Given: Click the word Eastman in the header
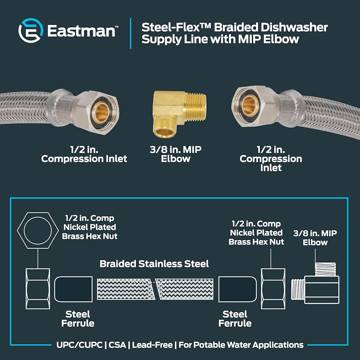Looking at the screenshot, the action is coord(81,31).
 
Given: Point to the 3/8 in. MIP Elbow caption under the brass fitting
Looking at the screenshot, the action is coord(175,154).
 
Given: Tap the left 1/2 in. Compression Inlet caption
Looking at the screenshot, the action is coord(84,154).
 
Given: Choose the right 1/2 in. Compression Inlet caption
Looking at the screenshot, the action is coord(271,158).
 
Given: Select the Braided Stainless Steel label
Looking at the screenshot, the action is coord(154,264).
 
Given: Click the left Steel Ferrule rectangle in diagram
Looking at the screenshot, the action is coord(73,289).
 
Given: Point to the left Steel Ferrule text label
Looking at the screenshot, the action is coord(78,319).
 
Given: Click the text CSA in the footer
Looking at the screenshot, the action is coord(118,345).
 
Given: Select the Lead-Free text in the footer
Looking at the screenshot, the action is coord(153,345).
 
